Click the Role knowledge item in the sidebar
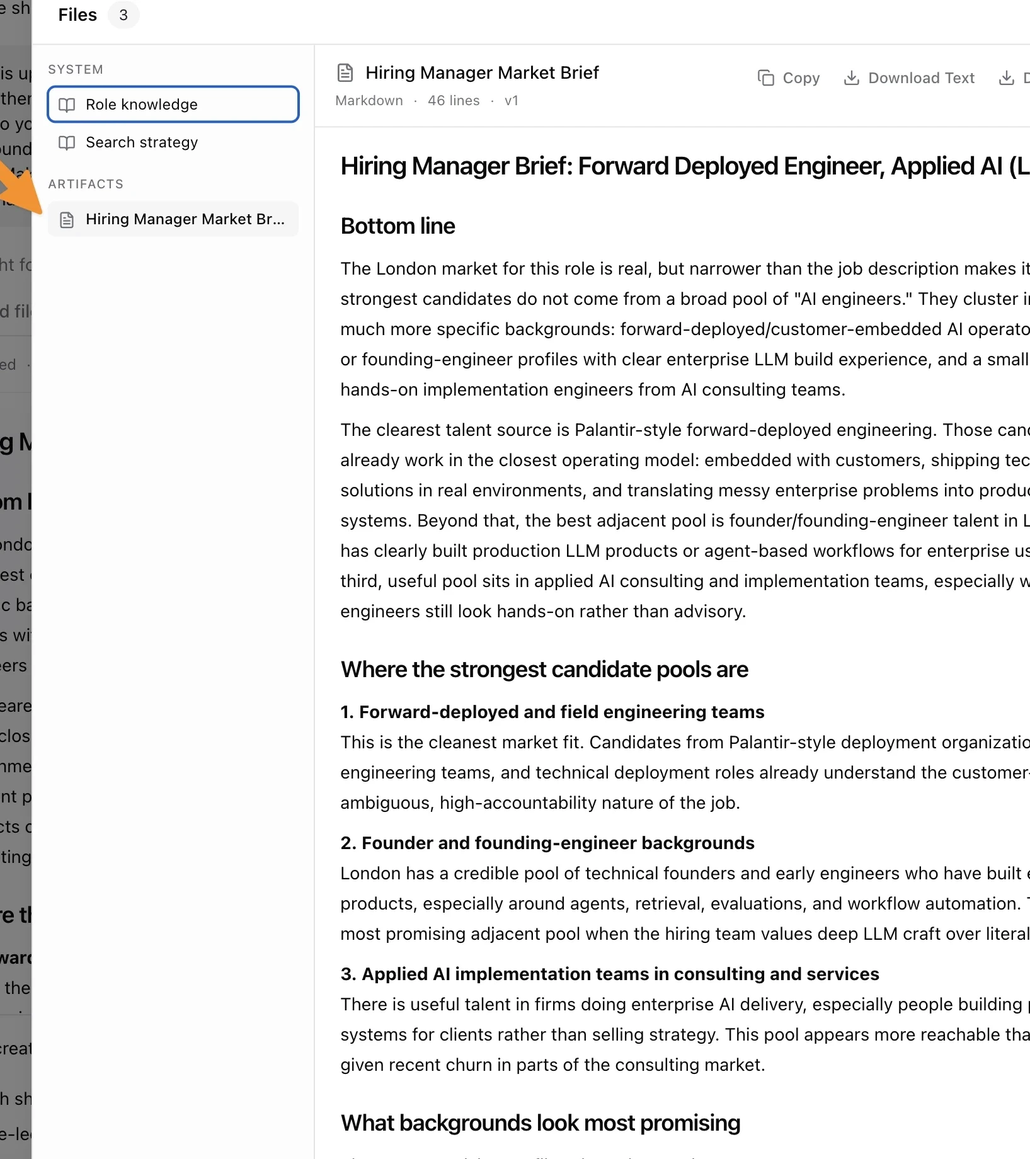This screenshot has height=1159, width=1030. click(173, 105)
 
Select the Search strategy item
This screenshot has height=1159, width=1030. click(141, 142)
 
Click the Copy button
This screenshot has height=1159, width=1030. click(789, 78)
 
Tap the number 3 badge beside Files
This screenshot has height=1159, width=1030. click(123, 15)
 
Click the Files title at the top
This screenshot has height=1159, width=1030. click(77, 15)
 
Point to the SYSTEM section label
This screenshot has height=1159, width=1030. click(76, 69)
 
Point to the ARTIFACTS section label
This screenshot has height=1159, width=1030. click(86, 184)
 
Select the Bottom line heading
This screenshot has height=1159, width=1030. click(398, 226)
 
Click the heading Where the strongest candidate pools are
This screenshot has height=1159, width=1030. click(544, 670)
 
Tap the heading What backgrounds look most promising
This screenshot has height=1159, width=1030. click(541, 1123)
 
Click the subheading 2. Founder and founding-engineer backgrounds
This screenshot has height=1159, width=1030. click(547, 843)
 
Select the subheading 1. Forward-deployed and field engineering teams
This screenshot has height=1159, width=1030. click(552, 712)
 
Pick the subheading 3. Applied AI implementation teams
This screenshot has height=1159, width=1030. click(609, 974)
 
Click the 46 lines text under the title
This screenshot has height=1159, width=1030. click(454, 101)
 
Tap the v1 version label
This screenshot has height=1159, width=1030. click(512, 101)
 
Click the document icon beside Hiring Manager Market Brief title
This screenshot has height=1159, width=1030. click(345, 73)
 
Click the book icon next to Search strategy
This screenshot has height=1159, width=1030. click(67, 143)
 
